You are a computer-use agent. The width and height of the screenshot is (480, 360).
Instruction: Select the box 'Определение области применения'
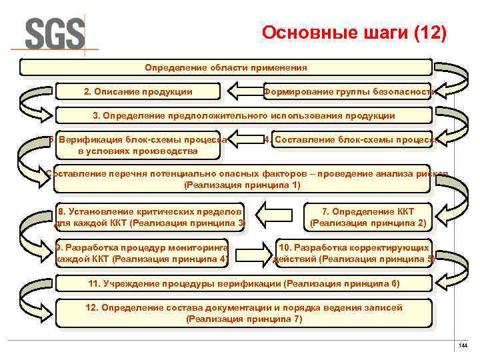[226, 67]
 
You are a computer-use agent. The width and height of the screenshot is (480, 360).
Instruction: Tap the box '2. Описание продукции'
[138, 91]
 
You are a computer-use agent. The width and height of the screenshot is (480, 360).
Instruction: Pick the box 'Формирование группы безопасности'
[349, 91]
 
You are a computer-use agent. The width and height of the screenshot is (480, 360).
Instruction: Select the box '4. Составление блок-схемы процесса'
[349, 140]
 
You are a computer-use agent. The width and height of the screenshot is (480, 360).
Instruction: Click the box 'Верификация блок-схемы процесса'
[137, 145]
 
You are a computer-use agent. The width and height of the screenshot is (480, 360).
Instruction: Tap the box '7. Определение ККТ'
[368, 217]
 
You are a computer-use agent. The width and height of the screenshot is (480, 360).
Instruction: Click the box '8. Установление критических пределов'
[149, 217]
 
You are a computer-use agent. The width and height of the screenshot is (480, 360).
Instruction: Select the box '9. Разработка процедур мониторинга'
[142, 253]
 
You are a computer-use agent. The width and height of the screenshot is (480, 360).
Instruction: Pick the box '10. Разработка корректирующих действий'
[354, 253]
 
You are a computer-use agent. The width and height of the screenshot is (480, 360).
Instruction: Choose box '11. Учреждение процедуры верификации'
[243, 283]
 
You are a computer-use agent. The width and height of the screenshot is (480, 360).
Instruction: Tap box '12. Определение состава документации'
[243, 313]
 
